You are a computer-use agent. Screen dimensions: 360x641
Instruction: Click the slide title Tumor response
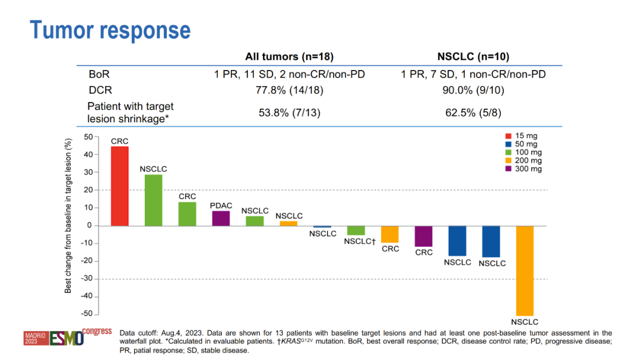click(x=110, y=30)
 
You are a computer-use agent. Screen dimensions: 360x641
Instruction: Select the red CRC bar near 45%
click(x=120, y=186)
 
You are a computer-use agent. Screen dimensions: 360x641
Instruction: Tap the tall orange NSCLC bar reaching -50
click(x=525, y=270)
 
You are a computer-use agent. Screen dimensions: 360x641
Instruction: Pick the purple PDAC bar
click(x=221, y=218)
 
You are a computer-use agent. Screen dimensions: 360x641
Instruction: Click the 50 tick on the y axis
click(x=88, y=137)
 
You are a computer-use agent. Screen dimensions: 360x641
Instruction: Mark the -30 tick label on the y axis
click(x=86, y=279)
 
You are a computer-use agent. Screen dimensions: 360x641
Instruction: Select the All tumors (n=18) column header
click(x=290, y=57)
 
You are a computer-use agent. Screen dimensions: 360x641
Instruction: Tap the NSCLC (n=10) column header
click(x=473, y=57)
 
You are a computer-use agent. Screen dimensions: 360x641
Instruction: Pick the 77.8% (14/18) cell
click(x=290, y=91)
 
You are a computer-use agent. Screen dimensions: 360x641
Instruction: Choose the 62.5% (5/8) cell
click(x=473, y=112)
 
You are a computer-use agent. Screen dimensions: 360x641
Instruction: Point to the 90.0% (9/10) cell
click(x=473, y=91)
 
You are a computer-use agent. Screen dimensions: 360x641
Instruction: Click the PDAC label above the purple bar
click(x=221, y=205)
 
